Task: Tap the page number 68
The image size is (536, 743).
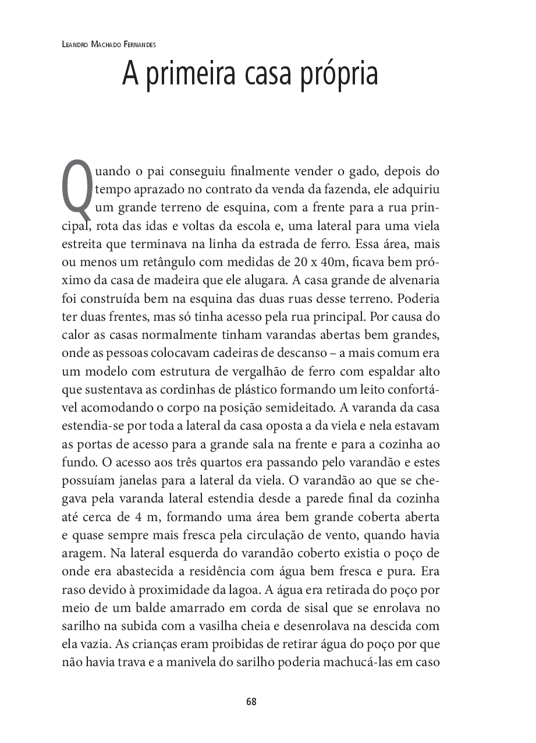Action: (x=251, y=701)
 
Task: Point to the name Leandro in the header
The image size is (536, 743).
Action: (x=75, y=44)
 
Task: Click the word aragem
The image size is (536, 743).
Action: (x=81, y=553)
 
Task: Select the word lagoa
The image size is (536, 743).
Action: (x=239, y=590)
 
